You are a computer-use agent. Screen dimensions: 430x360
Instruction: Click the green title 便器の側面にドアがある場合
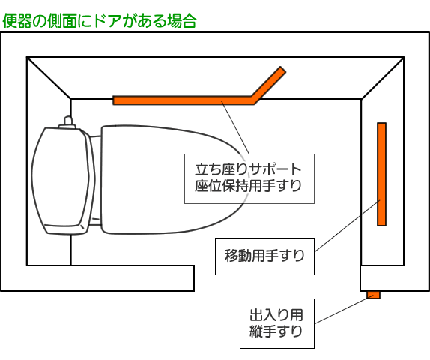coord(100,21)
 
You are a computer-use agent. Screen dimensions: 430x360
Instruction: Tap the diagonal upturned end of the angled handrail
coord(269,84)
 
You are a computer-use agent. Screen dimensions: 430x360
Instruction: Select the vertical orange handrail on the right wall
coord(381,174)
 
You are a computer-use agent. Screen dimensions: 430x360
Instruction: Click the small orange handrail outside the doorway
coord(374,295)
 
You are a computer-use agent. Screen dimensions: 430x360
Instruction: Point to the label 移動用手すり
coord(264,256)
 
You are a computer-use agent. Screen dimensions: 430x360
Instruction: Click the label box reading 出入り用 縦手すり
coord(277,323)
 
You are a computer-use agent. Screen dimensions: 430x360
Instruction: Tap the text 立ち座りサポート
coord(248,169)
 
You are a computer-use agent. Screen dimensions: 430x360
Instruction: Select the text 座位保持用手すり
coord(248,186)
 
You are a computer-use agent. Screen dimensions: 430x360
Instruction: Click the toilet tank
coord(61,181)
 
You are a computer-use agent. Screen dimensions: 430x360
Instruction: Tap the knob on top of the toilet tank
coord(67,123)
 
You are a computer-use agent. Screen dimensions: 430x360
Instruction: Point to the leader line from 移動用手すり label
coord(347,226)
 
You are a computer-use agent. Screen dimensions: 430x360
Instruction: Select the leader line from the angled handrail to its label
coord(235,127)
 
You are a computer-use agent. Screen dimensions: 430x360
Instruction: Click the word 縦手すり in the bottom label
coord(276,331)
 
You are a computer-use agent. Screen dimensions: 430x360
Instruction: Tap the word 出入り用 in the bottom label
coord(276,315)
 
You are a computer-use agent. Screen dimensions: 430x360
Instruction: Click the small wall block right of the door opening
coord(395,278)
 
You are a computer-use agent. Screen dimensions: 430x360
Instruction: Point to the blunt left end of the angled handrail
coord(114,100)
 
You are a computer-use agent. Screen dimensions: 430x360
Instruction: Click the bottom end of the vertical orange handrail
coord(381,225)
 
